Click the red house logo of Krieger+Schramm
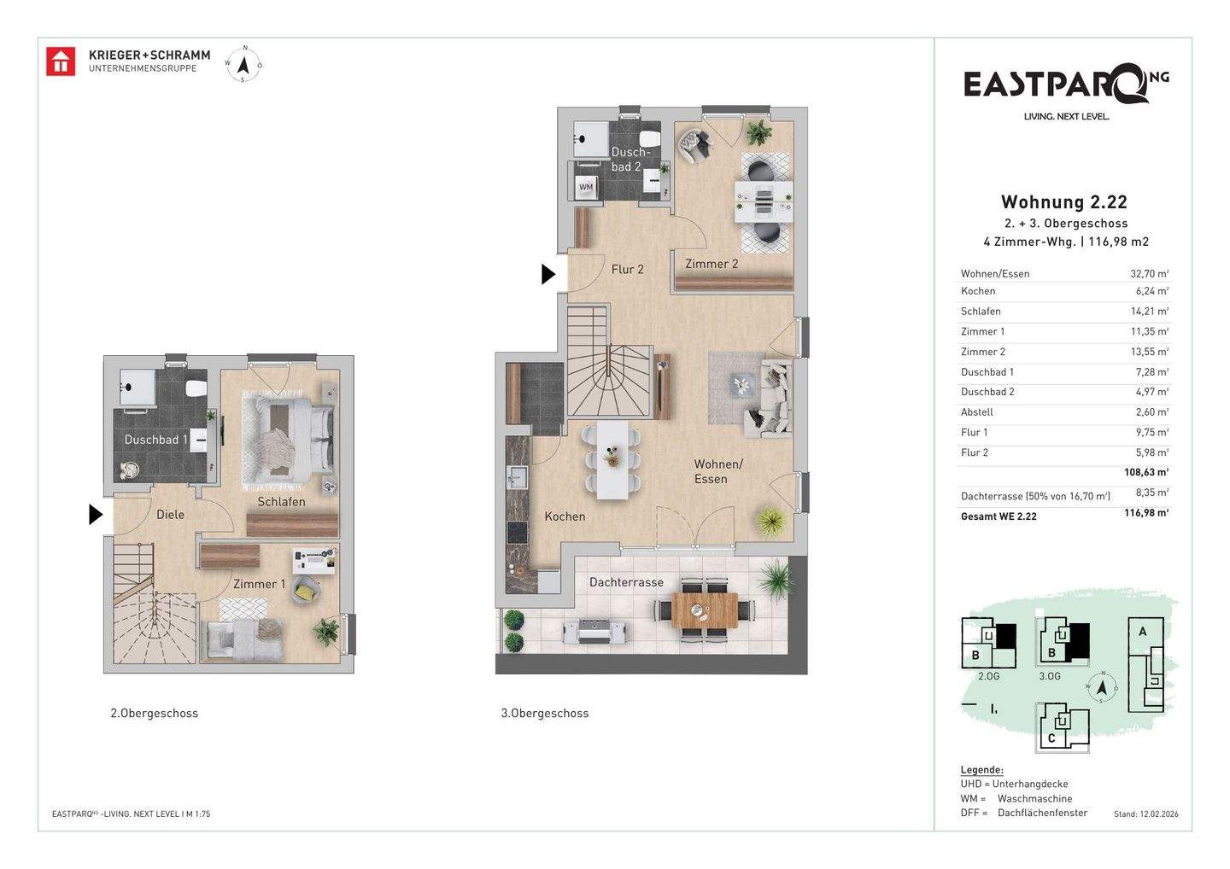pos(61,61)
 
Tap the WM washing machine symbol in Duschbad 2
pos(586,187)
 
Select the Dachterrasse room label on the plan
pos(626,582)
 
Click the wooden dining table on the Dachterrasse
pos(705,610)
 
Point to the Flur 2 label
pos(627,270)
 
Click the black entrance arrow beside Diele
pos(96,515)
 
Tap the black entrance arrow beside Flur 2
pos(548,274)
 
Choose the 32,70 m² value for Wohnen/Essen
pos(1149,273)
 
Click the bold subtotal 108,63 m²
pos(1146,472)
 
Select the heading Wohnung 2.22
pos(1063,202)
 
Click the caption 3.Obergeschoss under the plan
pos(544,713)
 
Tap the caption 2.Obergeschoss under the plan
pos(154,713)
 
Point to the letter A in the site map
pos(1143,632)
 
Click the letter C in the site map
pos(1051,738)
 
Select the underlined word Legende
pos(981,770)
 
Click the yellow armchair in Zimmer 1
pos(305,591)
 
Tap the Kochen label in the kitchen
pos(565,516)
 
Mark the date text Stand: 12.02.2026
pos(1146,814)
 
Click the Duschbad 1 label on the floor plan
pos(156,440)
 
